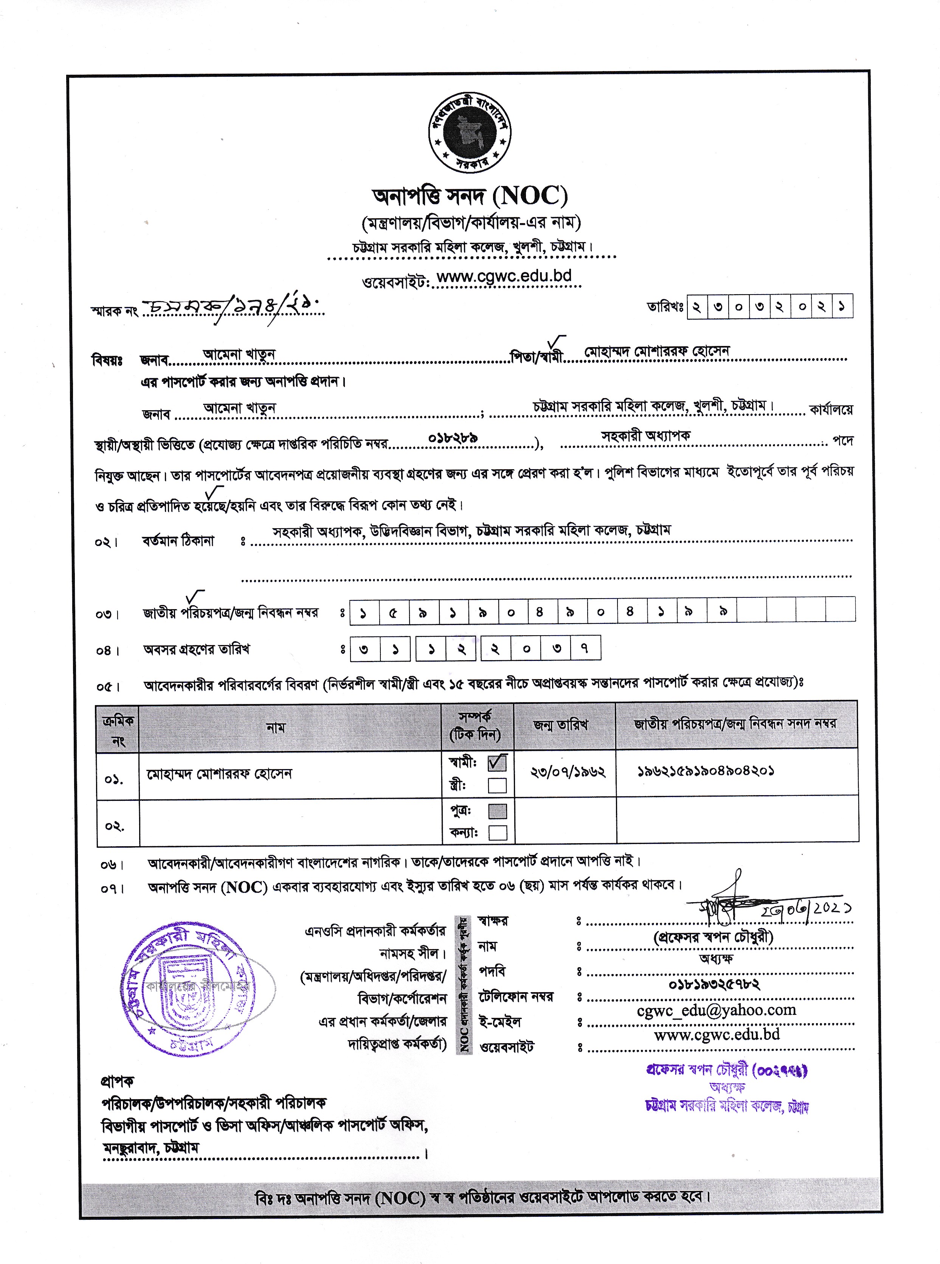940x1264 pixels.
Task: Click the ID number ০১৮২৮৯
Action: pyautogui.click(x=453, y=438)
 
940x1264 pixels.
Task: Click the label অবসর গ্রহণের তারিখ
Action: pyautogui.click(x=196, y=650)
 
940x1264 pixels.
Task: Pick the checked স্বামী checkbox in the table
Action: pyautogui.click(x=497, y=762)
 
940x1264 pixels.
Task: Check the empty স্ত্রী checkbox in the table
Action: pyautogui.click(x=497, y=786)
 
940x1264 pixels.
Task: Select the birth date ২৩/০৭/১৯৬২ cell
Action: pyautogui.click(x=567, y=772)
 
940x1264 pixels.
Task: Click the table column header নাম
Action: pyautogui.click(x=276, y=728)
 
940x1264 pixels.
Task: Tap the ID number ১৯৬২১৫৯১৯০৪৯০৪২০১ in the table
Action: pyautogui.click(x=706, y=771)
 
